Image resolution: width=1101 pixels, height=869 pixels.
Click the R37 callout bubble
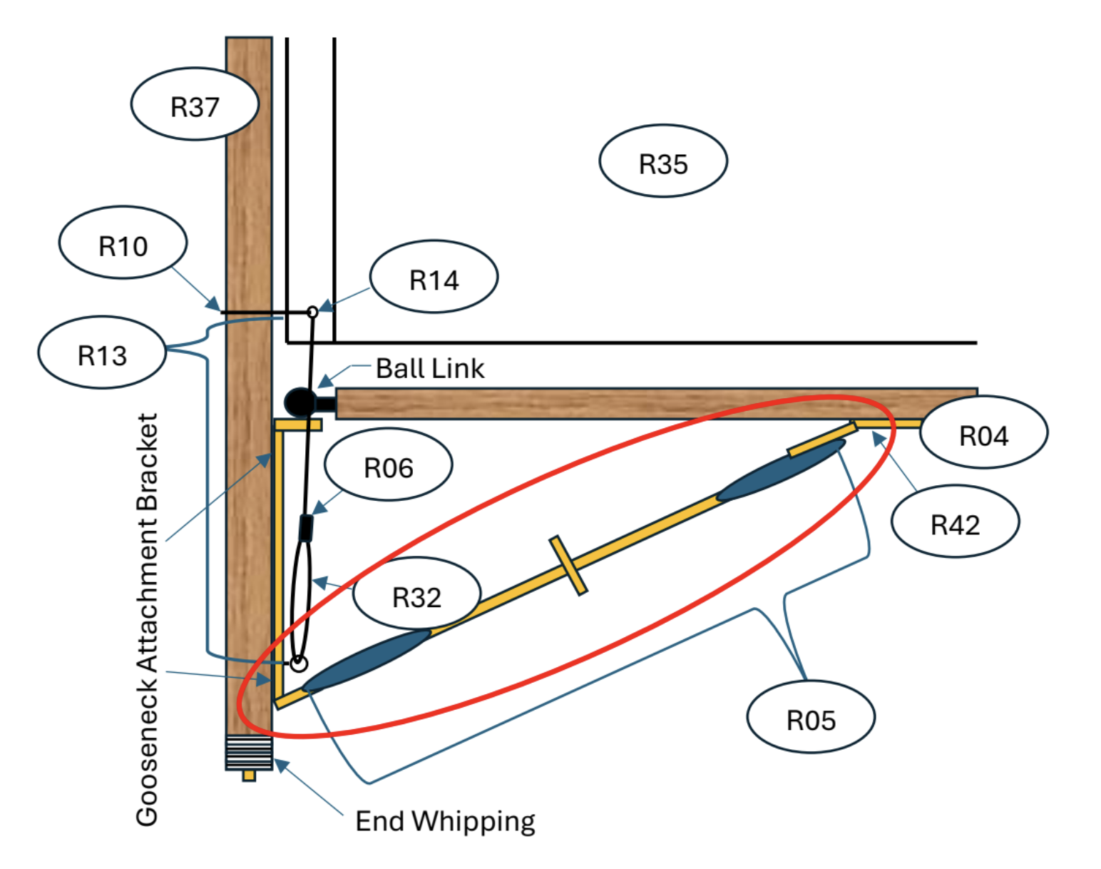point(195,104)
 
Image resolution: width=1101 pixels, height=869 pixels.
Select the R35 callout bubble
point(664,161)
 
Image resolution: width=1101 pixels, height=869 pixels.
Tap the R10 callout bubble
point(123,243)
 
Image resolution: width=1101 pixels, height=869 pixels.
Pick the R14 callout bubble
point(434,277)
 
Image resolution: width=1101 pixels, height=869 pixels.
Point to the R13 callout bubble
point(102,352)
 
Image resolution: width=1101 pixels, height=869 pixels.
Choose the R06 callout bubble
point(389,464)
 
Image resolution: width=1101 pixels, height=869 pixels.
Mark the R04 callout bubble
point(984,432)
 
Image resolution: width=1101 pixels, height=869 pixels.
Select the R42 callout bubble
point(956,522)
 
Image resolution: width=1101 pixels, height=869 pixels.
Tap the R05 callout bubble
point(811,717)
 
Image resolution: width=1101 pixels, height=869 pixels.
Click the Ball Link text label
point(430,368)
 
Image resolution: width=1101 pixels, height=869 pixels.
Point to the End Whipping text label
point(445,822)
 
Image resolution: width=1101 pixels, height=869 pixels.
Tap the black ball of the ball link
point(299,402)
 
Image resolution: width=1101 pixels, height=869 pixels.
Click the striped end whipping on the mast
point(249,753)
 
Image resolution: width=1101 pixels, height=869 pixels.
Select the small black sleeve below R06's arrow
point(306,529)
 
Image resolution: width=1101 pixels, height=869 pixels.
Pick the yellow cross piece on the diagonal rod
point(568,566)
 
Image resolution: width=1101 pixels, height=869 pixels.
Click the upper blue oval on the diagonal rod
point(782,470)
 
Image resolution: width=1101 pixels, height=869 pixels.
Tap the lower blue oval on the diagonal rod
point(367,661)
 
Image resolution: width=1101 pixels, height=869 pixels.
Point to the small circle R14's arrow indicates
point(312,312)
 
